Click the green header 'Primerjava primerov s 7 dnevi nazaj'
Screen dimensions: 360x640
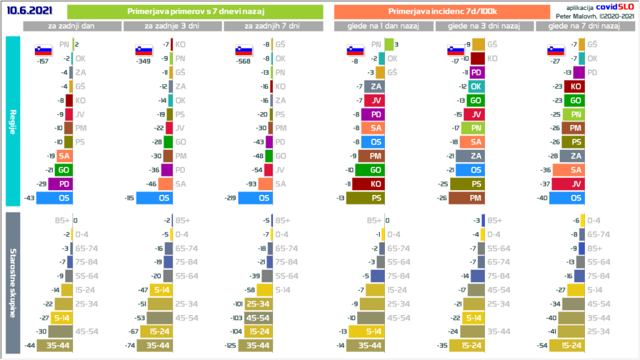[x=194, y=12]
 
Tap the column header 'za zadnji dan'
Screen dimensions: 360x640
[x=72, y=26]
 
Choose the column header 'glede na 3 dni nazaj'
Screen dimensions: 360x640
[x=484, y=26]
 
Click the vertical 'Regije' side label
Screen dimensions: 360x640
[x=13, y=121]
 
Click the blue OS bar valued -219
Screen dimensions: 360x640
[x=256, y=198]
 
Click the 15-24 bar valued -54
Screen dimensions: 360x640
[x=568, y=345]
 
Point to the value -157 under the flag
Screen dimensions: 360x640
[x=43, y=61]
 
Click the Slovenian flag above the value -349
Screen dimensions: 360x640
[x=143, y=50]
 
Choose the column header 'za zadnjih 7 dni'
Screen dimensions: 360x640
[x=272, y=26]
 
